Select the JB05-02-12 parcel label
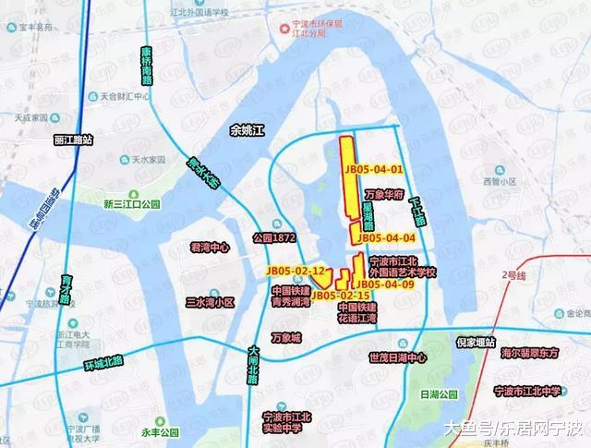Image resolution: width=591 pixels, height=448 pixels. [295, 270]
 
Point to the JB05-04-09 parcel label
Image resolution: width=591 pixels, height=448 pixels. [382, 285]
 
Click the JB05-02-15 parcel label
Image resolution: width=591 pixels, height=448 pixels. [340, 295]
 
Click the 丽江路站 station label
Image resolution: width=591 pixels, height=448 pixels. [74, 139]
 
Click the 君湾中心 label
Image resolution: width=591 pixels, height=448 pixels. [209, 248]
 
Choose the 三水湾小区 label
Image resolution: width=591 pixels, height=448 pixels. [211, 302]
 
